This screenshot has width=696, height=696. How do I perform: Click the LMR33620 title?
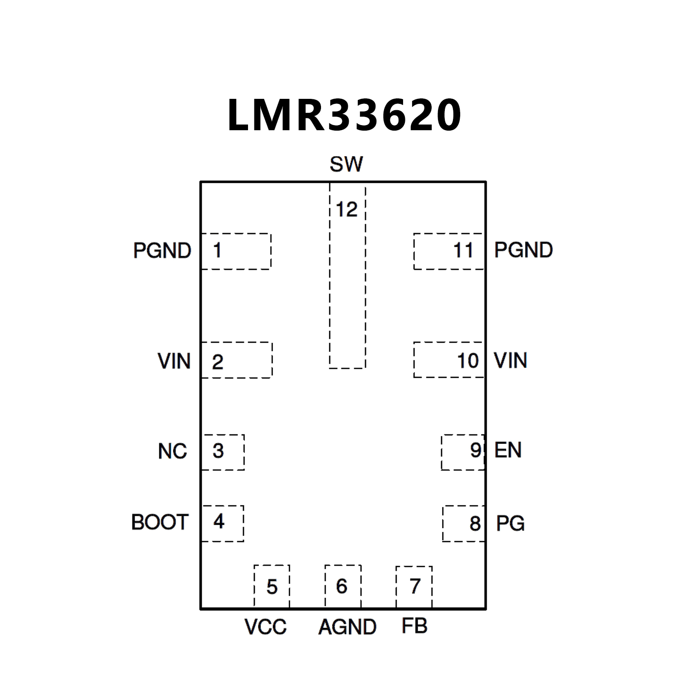pyautogui.click(x=344, y=115)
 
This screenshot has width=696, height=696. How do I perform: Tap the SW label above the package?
pyautogui.click(x=346, y=164)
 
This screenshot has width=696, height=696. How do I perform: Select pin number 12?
pyautogui.click(x=347, y=209)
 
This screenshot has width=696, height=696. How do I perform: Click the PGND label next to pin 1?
pyautogui.click(x=162, y=251)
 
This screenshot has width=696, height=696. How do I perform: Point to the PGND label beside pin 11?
pyautogui.click(x=523, y=250)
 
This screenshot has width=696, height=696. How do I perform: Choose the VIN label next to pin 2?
pyautogui.click(x=174, y=361)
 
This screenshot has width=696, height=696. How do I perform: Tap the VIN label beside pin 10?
pyautogui.click(x=511, y=361)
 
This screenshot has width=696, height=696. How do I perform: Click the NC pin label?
pyautogui.click(x=173, y=451)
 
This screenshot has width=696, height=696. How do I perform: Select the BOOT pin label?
pyautogui.click(x=160, y=522)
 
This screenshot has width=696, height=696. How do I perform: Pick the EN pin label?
pyautogui.click(x=508, y=450)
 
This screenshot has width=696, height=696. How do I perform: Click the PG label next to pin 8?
pyautogui.click(x=510, y=524)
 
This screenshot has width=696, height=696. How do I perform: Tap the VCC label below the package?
pyautogui.click(x=266, y=627)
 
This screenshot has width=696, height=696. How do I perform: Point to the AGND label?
pyautogui.click(x=347, y=627)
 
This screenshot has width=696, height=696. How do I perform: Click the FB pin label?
pyautogui.click(x=414, y=626)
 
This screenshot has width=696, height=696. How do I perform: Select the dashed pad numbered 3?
pyautogui.click(x=223, y=452)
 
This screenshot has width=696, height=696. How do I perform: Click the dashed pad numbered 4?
pyautogui.click(x=222, y=523)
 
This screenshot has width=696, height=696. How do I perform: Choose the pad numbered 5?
pyautogui.click(x=272, y=586)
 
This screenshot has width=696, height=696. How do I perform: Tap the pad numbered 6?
pyautogui.click(x=343, y=586)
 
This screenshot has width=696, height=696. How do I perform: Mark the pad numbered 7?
pyautogui.click(x=414, y=586)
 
